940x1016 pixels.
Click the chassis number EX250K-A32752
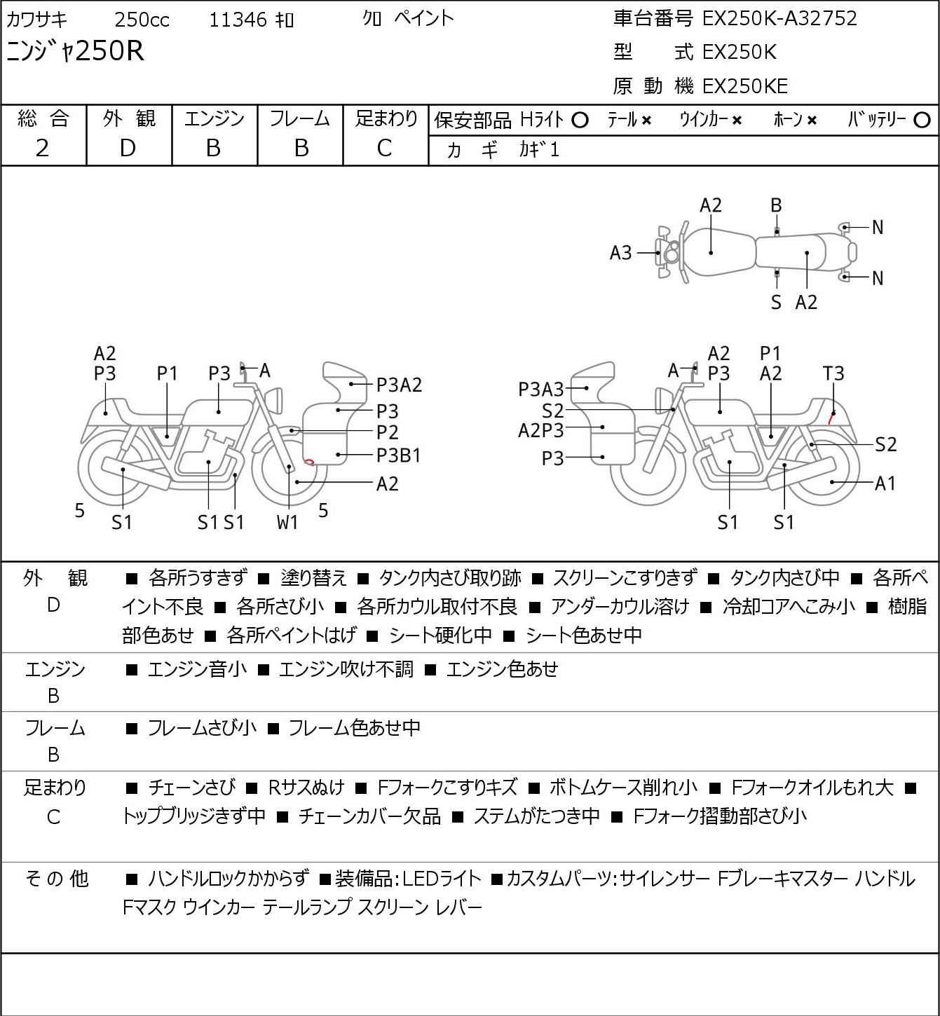[x=779, y=19]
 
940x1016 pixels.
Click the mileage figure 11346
[x=238, y=20]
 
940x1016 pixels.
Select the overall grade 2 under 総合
[x=43, y=149]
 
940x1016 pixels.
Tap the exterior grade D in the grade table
[x=128, y=149]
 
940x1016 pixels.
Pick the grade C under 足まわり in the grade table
[x=385, y=149]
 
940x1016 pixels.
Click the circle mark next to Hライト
[x=580, y=121]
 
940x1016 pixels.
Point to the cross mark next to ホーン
[x=812, y=121]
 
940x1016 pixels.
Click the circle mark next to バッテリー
[x=922, y=121]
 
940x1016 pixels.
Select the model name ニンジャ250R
[x=75, y=51]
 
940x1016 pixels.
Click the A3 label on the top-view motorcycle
[x=620, y=253]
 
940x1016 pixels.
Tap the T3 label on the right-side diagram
[x=833, y=373]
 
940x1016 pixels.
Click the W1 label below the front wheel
[x=287, y=522]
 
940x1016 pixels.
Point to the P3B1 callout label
[x=398, y=455]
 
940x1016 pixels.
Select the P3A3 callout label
[x=540, y=390]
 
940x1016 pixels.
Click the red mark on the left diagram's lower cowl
[x=308, y=462]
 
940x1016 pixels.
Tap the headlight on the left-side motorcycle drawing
[x=274, y=400]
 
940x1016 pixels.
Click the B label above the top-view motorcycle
[x=776, y=206]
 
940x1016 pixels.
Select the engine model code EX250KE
[x=745, y=86]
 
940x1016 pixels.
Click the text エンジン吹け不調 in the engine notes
[x=346, y=669]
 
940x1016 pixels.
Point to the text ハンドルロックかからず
[x=229, y=879]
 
